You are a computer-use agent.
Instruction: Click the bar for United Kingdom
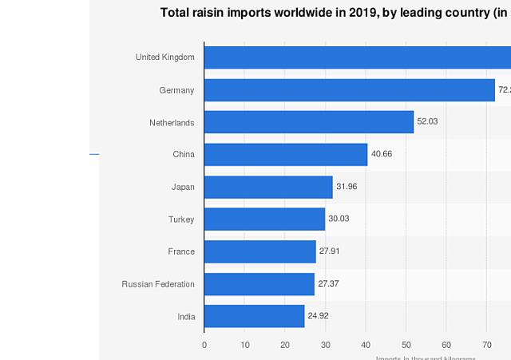pyautogui.click(x=358, y=57)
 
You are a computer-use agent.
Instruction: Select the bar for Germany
pyautogui.click(x=350, y=90)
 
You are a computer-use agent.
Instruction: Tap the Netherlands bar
pyautogui.click(x=309, y=122)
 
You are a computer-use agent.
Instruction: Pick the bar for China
pyautogui.click(x=286, y=155)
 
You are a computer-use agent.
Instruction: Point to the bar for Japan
pyautogui.click(x=268, y=187)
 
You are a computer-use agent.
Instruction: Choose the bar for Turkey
pyautogui.click(x=264, y=220)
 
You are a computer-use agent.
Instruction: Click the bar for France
pyautogui.click(x=260, y=251)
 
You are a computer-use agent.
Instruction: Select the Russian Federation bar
pyautogui.click(x=259, y=284)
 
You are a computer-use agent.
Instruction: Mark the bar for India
pyautogui.click(x=254, y=316)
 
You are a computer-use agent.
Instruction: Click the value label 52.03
pyautogui.click(x=427, y=121)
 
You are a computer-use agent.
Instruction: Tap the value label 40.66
pyautogui.click(x=382, y=154)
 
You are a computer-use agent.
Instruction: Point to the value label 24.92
pyautogui.click(x=318, y=315)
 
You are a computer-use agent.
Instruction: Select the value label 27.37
pyautogui.click(x=328, y=283)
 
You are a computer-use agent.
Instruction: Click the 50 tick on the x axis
pyautogui.click(x=406, y=345)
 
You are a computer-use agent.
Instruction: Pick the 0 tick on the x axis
pyautogui.click(x=204, y=345)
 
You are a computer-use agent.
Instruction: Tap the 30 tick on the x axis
pyautogui.click(x=325, y=345)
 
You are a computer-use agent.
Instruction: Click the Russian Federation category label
pyautogui.click(x=158, y=284)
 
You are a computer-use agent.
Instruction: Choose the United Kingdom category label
pyautogui.click(x=165, y=57)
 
